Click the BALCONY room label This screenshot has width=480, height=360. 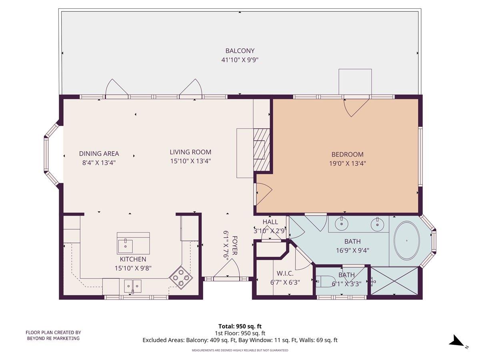[x=240, y=51]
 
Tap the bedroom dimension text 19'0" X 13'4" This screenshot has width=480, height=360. [x=347, y=163]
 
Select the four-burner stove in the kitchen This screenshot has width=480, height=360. [x=181, y=277]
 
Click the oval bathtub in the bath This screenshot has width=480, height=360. [x=407, y=241]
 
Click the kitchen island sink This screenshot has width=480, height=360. [x=126, y=243]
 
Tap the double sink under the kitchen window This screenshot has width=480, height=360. [x=132, y=286]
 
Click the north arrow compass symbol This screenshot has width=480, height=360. [x=456, y=341]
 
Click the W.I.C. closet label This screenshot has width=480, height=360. [x=285, y=274]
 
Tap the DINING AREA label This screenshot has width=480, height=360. [x=99, y=154]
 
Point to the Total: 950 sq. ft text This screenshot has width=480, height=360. [x=240, y=326]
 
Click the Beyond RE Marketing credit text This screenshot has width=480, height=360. [x=53, y=335]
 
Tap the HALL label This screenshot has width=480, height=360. [x=270, y=222]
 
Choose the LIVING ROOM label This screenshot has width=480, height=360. [x=190, y=152]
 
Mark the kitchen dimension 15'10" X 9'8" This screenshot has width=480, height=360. [x=133, y=268]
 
